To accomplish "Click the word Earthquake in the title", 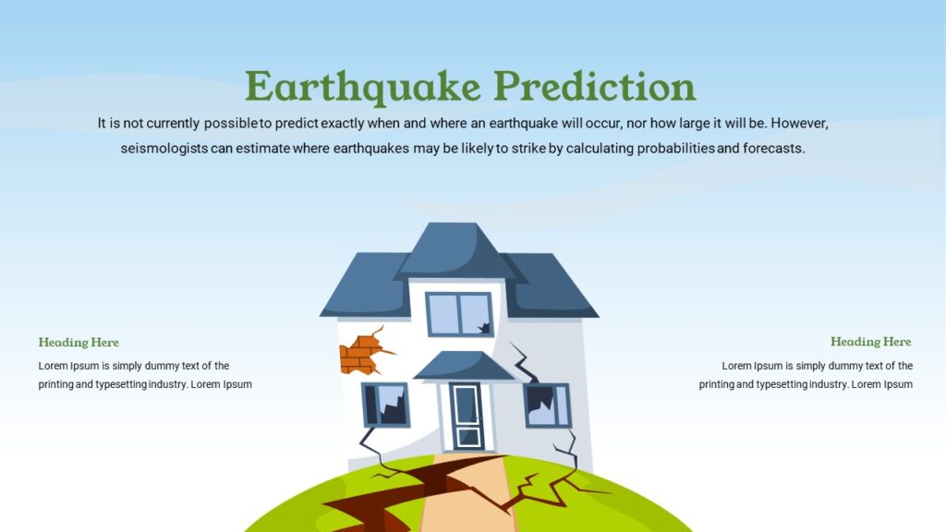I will (363, 87).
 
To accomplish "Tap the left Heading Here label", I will (79, 343).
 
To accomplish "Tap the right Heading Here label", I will (870, 342).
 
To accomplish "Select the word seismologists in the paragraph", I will (164, 148).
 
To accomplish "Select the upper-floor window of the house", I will (459, 314).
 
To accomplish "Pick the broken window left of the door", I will (385, 405).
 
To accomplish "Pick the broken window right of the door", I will (547, 405).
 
